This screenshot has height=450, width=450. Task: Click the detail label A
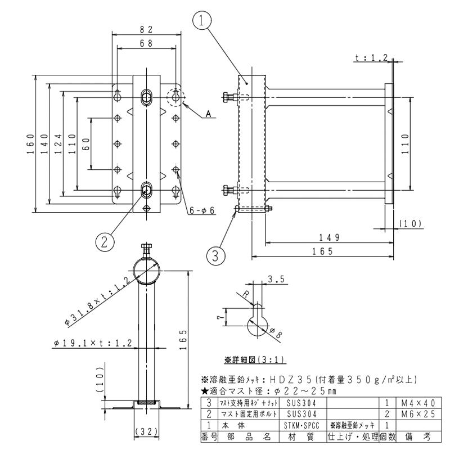click(x=208, y=113)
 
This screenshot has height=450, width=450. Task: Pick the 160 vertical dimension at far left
click(x=29, y=143)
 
